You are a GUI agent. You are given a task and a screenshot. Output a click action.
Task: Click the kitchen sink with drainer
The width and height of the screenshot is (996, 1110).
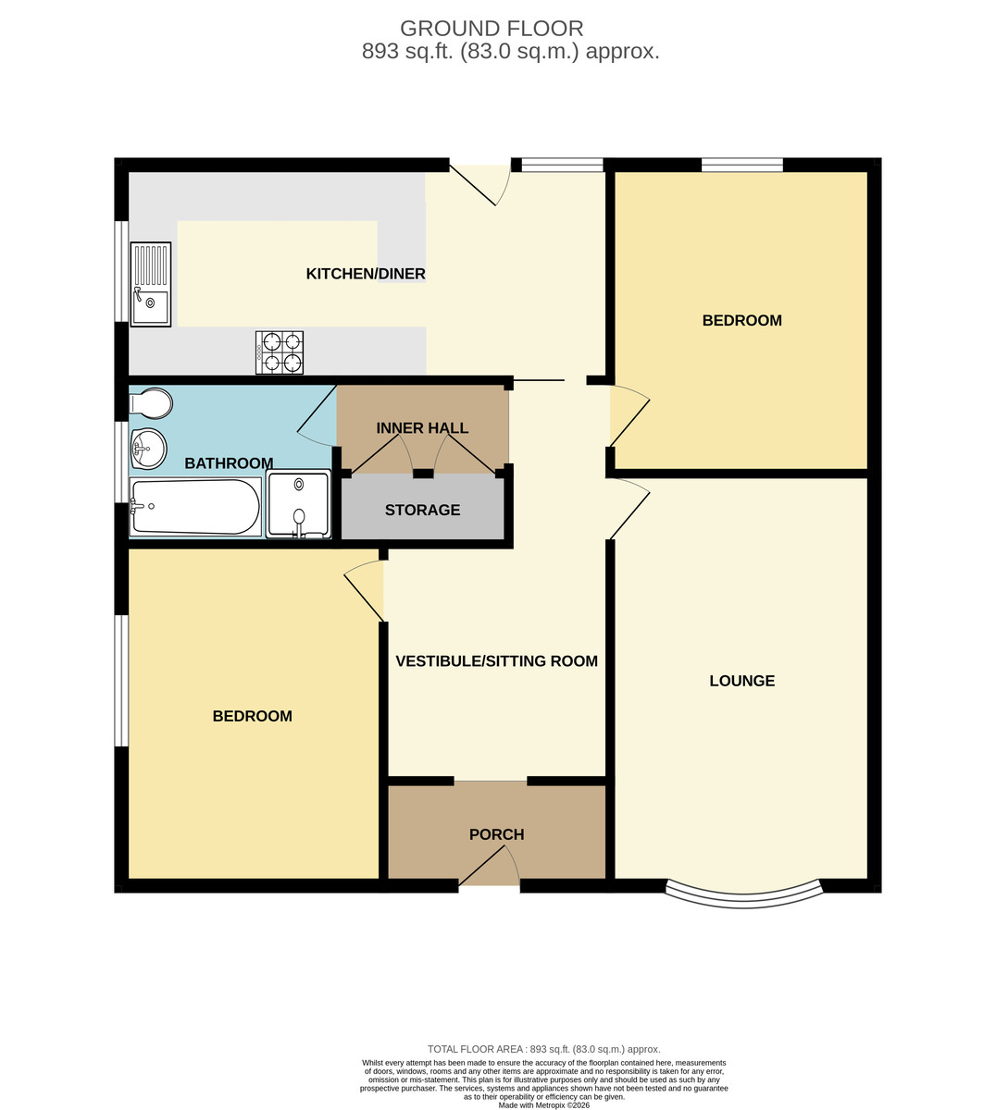(151, 284)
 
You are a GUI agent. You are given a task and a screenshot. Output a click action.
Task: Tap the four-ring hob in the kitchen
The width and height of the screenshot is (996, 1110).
(280, 352)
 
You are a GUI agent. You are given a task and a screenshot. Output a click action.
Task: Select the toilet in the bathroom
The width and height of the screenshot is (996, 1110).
(151, 404)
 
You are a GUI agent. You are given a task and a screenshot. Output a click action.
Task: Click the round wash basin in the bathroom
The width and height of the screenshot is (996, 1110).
(148, 449)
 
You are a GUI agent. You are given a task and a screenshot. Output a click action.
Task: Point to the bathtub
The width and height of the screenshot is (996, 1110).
(195, 507)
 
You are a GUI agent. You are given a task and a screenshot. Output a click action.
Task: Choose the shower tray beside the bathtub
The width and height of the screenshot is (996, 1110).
(298, 504)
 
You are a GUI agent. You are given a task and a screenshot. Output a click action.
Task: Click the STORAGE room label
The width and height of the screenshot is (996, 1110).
(422, 510)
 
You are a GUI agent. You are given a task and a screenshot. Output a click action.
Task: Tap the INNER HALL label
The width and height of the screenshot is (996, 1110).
(422, 428)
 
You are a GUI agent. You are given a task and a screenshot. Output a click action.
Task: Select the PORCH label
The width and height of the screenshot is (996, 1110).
(496, 834)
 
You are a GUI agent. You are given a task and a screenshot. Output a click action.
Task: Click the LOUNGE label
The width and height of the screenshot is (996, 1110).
(742, 681)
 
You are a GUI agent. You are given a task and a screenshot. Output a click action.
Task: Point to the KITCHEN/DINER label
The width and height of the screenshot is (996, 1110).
(366, 274)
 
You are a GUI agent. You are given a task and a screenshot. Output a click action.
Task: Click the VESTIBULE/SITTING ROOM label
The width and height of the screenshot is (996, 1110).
(496, 660)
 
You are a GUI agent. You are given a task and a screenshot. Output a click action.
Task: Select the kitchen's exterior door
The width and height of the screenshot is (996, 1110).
(480, 182)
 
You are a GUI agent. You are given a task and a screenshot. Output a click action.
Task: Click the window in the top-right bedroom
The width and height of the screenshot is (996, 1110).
(742, 165)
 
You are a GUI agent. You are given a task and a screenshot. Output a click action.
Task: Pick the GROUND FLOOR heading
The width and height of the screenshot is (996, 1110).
(492, 29)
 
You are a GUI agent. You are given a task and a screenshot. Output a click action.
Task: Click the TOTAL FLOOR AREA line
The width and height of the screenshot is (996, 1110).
(543, 1049)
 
